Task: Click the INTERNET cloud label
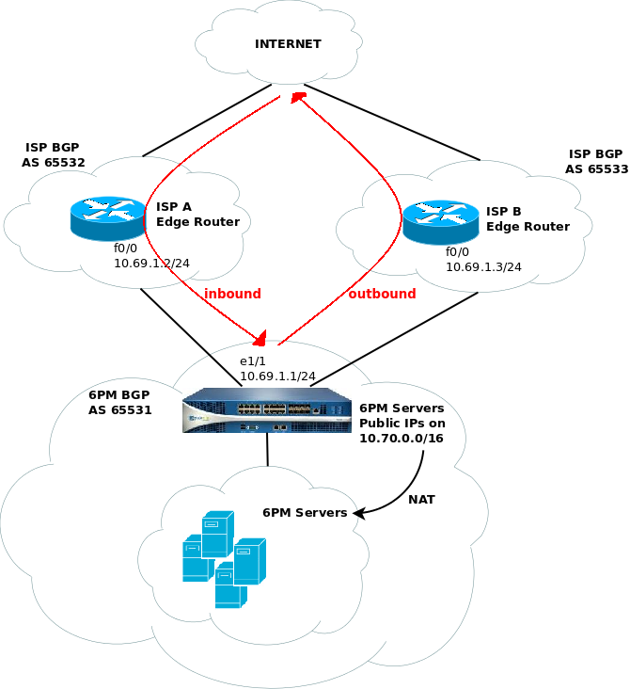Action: coord(288,44)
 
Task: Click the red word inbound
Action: coord(232,294)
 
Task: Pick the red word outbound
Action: coord(382,294)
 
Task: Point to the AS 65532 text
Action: coord(54,163)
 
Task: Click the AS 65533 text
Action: coord(596,169)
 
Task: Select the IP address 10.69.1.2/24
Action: coord(151,264)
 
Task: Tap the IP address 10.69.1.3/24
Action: coord(484,267)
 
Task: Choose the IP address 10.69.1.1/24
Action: coord(277,376)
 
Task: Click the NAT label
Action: coord(421,498)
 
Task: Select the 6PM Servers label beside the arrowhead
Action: coord(305,513)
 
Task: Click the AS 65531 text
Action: coord(120,410)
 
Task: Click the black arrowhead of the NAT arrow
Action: coord(356,513)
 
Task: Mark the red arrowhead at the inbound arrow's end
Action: coord(260,338)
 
